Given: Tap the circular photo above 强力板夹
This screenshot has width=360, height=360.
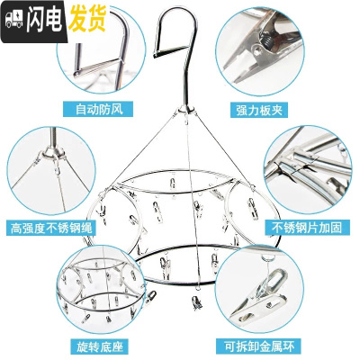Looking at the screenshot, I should click(x=265, y=52).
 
